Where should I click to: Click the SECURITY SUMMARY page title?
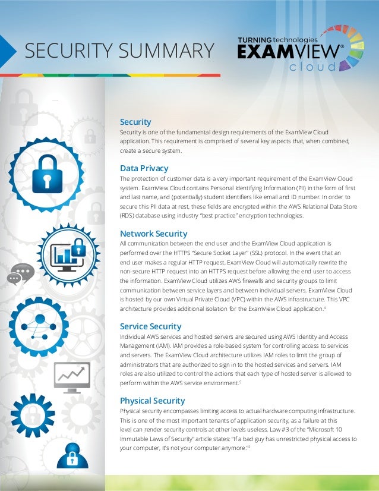(x=119, y=51)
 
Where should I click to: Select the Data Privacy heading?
(x=144, y=168)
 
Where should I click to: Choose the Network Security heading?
(x=153, y=234)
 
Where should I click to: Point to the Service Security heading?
(x=150, y=326)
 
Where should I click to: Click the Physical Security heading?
(x=153, y=401)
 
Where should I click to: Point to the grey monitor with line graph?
(x=72, y=376)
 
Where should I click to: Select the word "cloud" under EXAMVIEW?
(x=312, y=67)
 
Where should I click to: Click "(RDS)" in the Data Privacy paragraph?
(x=129, y=216)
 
